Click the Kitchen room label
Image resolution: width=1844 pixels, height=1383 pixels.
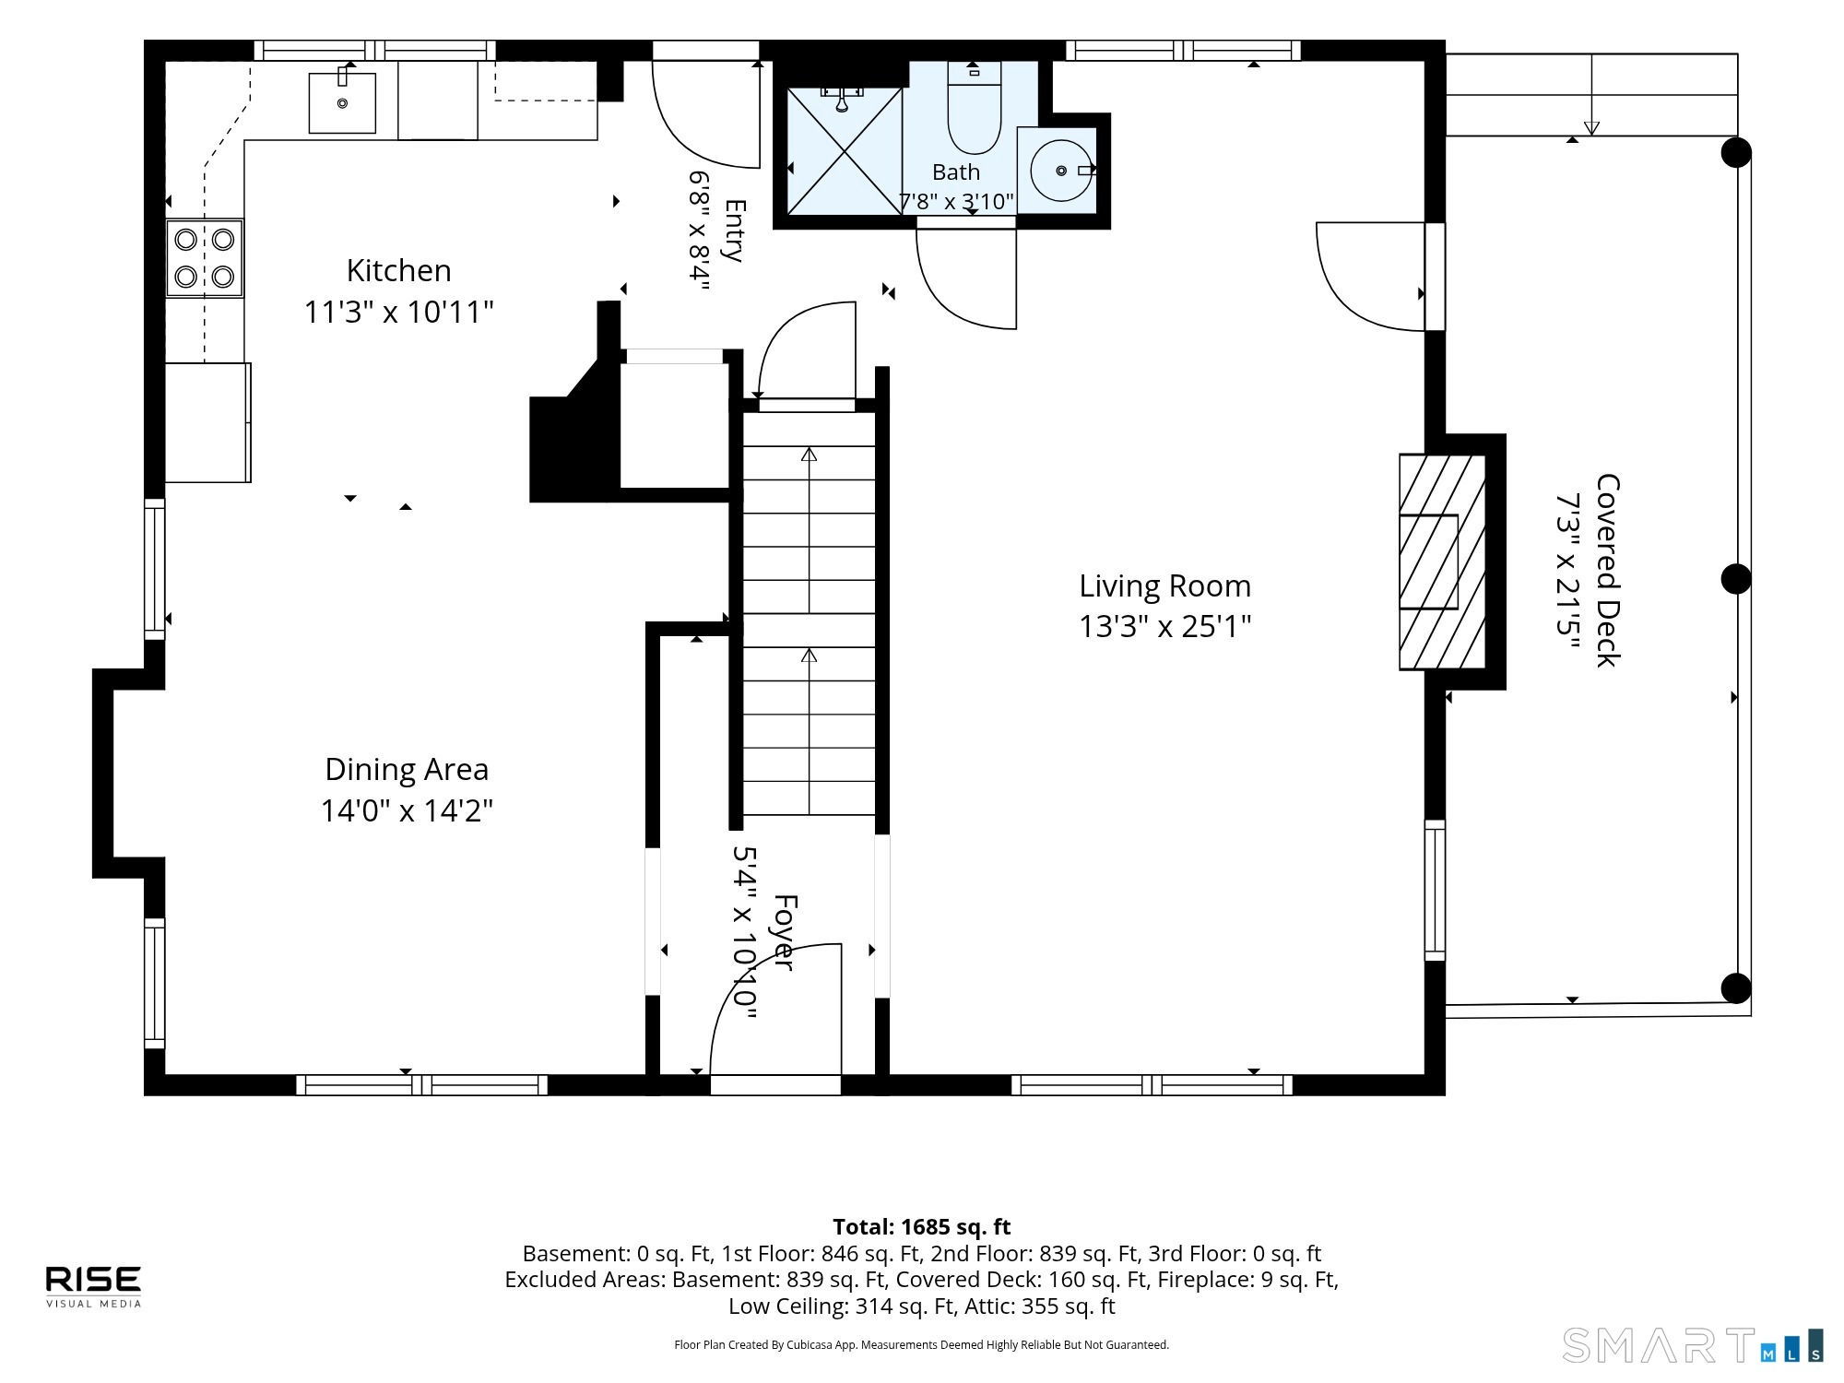tap(398, 271)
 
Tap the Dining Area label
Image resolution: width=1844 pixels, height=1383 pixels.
tap(407, 769)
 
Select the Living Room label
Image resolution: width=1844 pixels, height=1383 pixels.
tap(1165, 586)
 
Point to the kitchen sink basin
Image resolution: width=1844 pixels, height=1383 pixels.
tap(342, 103)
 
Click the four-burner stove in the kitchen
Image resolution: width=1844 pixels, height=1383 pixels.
tap(205, 258)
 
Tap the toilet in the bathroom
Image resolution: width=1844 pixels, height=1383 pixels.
tap(975, 108)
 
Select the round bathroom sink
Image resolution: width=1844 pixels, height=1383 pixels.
tap(1062, 171)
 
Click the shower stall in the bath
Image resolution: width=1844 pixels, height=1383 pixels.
tap(844, 152)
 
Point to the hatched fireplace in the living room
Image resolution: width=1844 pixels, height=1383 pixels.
tap(1443, 561)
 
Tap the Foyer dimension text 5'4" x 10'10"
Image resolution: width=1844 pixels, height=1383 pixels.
tap(744, 933)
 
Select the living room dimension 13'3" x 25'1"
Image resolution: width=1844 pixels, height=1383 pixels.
tap(1165, 627)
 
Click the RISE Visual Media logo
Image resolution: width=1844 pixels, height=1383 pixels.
tap(94, 1286)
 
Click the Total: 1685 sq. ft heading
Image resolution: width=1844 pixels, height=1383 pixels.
tap(922, 1227)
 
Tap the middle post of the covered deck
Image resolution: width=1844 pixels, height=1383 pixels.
tap(1736, 579)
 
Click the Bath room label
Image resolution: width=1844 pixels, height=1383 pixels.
tap(956, 172)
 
